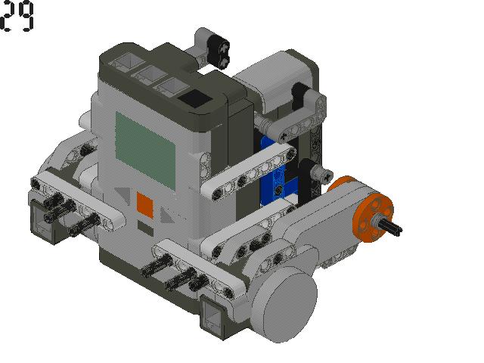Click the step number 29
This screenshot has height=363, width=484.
17,16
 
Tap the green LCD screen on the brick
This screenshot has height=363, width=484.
145,150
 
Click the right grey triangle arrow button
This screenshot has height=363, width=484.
166,215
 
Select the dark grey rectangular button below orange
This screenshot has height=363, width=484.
145,228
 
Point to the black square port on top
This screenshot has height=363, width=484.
195,98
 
